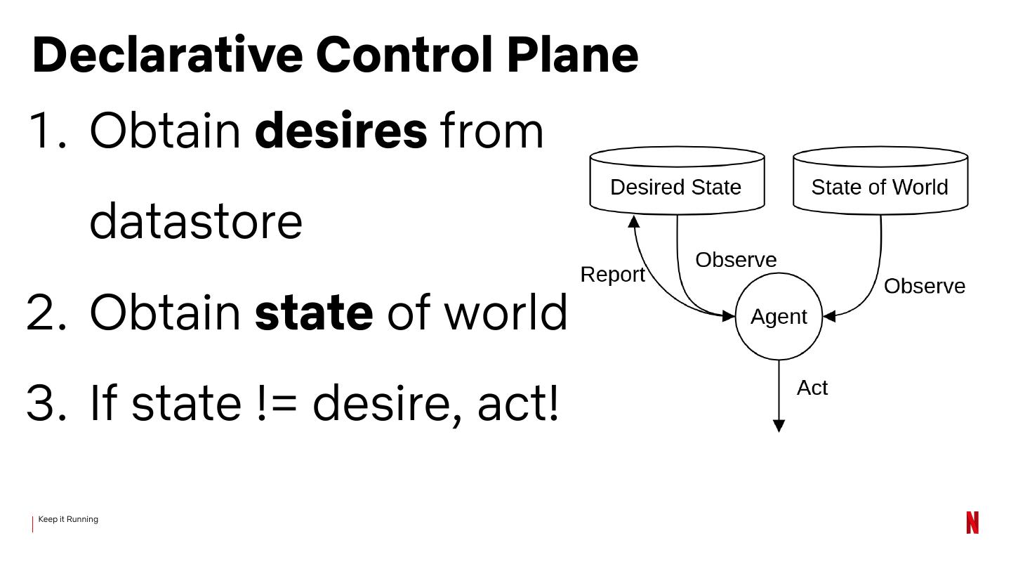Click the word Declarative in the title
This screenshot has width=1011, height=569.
[167, 55]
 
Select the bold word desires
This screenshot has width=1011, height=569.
[341, 131]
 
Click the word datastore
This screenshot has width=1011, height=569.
[196, 221]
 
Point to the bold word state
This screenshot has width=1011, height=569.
[314, 313]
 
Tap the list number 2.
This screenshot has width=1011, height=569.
[46, 313]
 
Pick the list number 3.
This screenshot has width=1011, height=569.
[46, 403]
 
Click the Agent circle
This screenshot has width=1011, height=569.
[779, 317]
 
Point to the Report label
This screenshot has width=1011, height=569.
[612, 275]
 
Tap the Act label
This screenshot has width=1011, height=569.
[812, 388]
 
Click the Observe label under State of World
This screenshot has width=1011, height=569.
[924, 287]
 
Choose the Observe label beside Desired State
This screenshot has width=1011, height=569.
[736, 260]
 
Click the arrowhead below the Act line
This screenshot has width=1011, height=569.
[779, 426]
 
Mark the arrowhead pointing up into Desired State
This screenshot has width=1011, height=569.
[634, 222]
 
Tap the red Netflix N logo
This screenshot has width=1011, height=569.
[972, 523]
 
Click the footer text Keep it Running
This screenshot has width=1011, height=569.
[68, 519]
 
